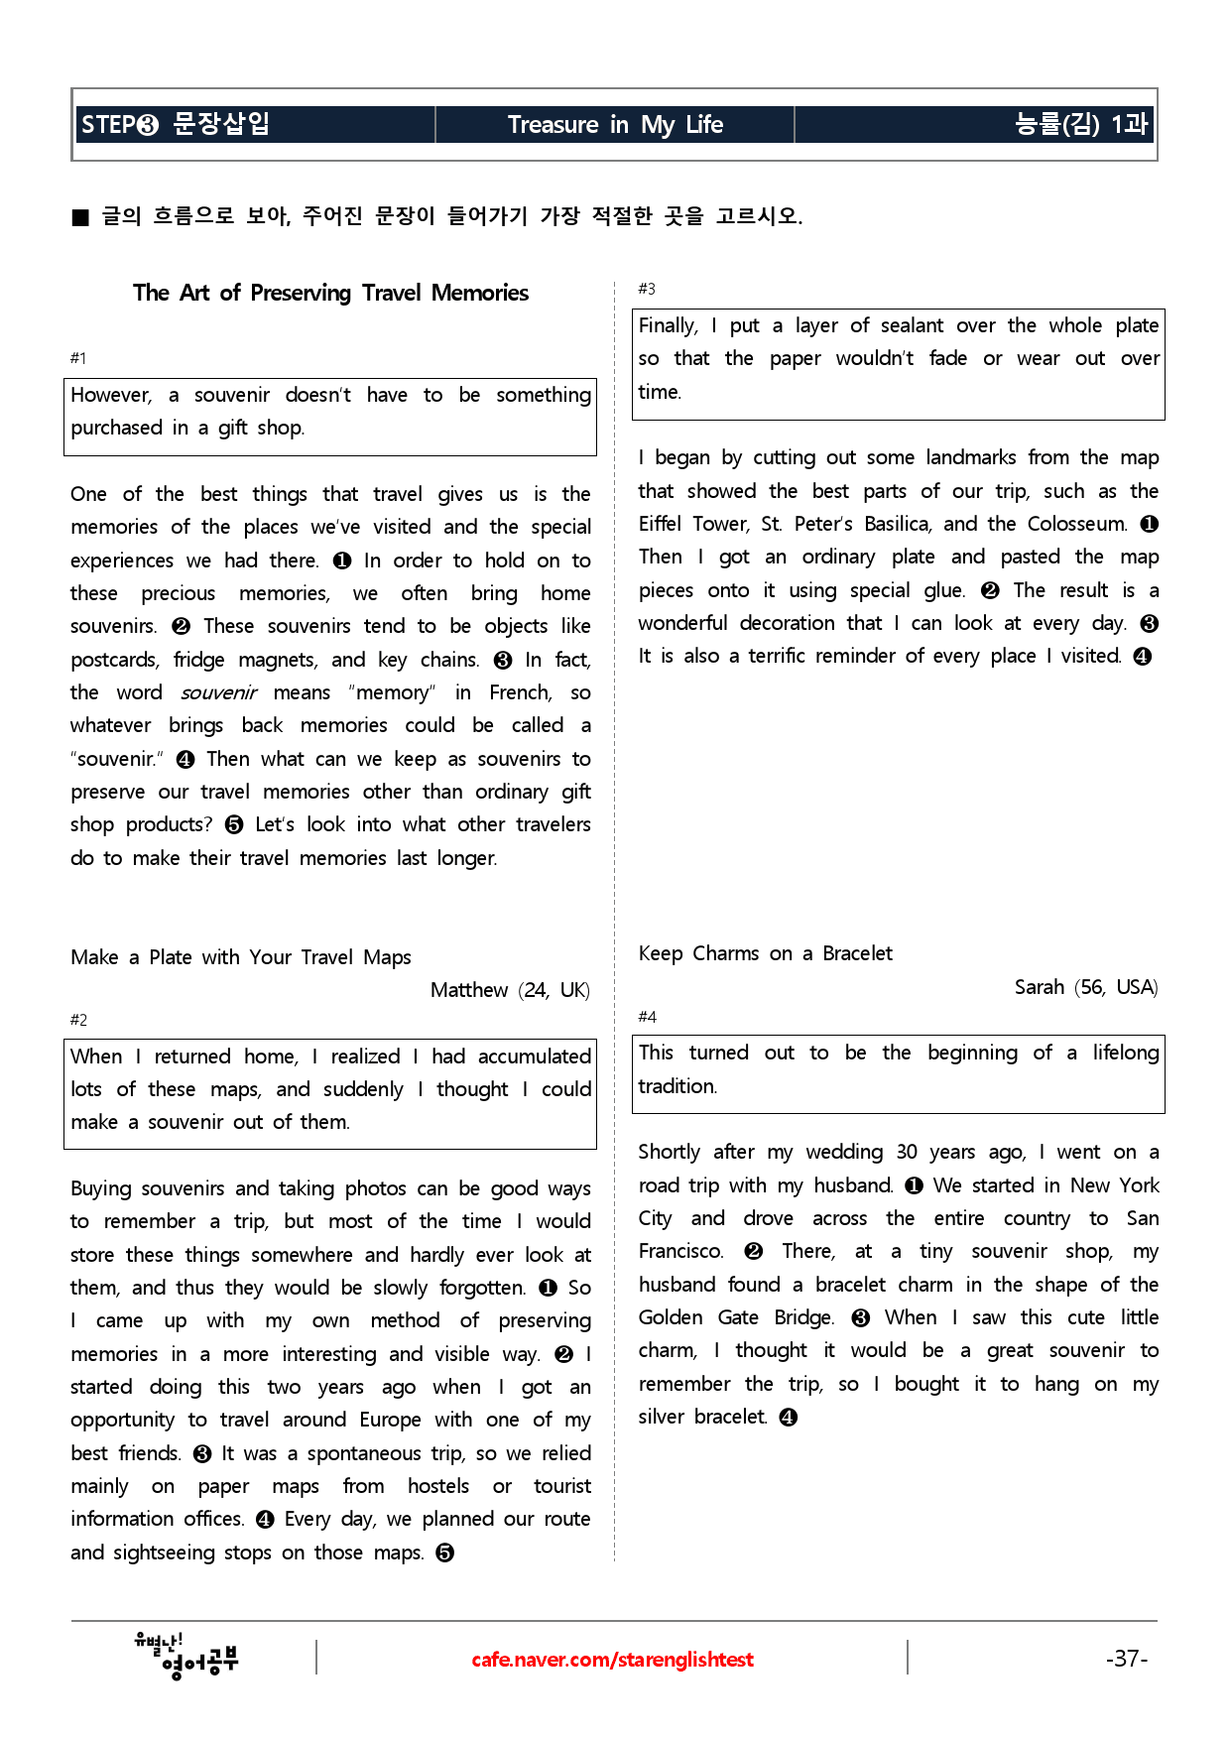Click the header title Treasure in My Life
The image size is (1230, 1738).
click(x=615, y=125)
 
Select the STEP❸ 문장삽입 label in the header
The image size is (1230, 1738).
click(x=176, y=124)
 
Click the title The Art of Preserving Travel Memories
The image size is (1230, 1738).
click(x=330, y=293)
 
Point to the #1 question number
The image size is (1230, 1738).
click(x=78, y=358)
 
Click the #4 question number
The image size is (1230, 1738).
click(x=647, y=1017)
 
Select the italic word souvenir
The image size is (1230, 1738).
click(x=218, y=692)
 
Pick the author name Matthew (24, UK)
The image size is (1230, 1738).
click(x=510, y=990)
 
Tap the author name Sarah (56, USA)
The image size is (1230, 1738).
click(x=1086, y=987)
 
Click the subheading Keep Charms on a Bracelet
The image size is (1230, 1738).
click(x=765, y=953)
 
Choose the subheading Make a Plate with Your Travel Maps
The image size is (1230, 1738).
click(x=241, y=957)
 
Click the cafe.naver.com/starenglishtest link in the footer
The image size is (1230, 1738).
click(x=612, y=1660)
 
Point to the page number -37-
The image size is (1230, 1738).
click(x=1127, y=1659)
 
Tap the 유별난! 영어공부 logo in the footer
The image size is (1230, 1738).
click(x=186, y=1657)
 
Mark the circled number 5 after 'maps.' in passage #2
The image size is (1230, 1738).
click(x=445, y=1553)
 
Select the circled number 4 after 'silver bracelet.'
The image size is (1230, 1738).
click(x=789, y=1418)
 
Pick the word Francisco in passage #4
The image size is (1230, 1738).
click(x=680, y=1252)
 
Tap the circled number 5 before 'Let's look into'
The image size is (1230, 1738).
click(x=234, y=825)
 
